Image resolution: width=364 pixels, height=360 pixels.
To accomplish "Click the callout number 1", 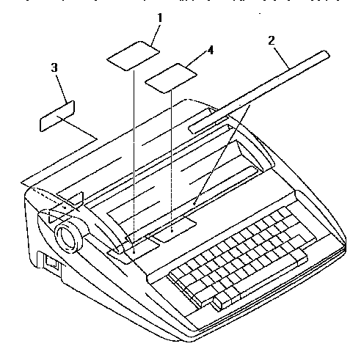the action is [160, 18].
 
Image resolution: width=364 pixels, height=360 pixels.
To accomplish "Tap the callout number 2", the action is [272, 40].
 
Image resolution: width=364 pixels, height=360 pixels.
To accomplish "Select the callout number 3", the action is [54, 67].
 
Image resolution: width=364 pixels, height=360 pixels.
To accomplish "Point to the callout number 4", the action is [211, 50].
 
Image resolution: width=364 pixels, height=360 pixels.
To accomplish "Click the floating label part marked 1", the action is [134, 56].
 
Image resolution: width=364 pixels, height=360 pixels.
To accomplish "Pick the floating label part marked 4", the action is [171, 78].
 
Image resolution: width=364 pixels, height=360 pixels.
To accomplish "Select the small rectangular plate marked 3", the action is [57, 116].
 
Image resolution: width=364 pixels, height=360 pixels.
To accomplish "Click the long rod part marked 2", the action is [259, 92].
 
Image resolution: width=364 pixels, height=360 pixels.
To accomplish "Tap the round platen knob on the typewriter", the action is [69, 237].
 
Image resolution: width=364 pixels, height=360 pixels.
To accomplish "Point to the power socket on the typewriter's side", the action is [52, 263].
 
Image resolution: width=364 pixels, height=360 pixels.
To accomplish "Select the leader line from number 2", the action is [282, 58].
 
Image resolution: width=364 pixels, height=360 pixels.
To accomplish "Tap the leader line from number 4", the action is [197, 59].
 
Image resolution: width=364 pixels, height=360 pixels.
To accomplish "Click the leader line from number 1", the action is [156, 34].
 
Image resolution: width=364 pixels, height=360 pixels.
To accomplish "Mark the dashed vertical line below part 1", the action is [134, 161].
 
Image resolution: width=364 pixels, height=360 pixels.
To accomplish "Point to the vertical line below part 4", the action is [171, 161].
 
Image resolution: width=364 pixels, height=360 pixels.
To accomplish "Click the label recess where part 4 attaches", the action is [173, 229].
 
